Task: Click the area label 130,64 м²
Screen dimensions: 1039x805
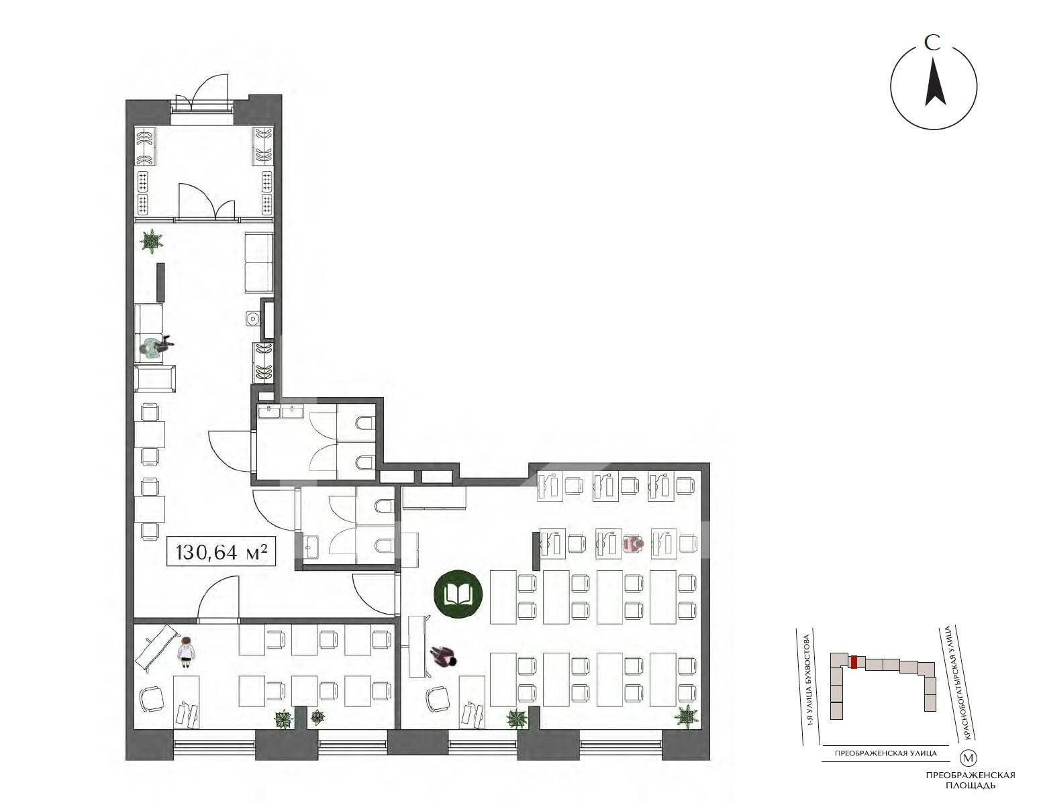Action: tap(221, 552)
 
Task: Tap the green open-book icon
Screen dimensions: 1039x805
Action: tap(458, 595)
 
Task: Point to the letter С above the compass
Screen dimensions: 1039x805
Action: tap(932, 43)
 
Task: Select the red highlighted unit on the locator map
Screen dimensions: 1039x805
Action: tap(854, 662)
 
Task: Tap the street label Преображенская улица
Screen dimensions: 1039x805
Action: tap(885, 753)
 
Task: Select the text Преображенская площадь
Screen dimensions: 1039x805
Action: tap(970, 780)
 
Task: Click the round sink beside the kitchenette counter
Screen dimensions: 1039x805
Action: tap(252, 317)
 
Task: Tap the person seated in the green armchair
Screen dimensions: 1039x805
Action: tap(154, 348)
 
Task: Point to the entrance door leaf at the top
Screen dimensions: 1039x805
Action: tap(210, 91)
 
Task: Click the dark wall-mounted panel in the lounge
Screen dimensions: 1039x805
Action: tap(161, 282)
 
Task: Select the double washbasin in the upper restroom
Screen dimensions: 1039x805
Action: tap(280, 411)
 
